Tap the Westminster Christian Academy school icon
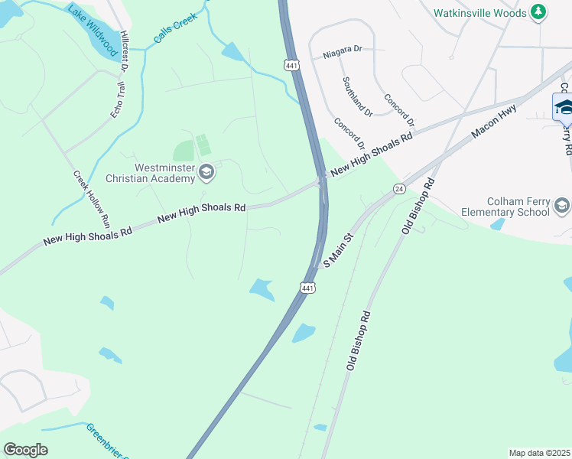tap(206, 173)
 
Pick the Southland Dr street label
tap(357, 96)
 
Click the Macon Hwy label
tap(495, 121)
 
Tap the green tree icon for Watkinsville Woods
tap(539, 12)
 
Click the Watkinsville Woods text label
tap(480, 13)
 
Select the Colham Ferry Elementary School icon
tap(562, 205)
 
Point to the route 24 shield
tap(398, 188)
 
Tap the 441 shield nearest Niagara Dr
tap(291, 65)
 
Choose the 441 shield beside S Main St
tap(307, 288)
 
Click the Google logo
tap(25, 450)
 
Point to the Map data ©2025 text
tap(540, 453)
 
